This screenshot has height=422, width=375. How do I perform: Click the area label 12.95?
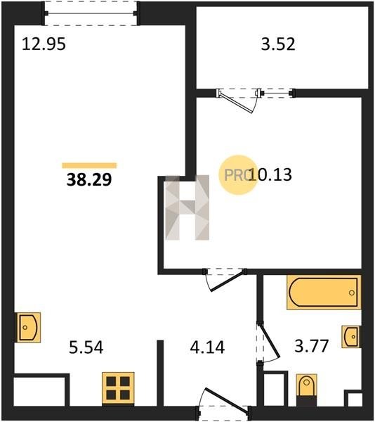44,44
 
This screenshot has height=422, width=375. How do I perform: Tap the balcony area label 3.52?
278,44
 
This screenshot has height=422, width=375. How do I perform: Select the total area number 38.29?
89,179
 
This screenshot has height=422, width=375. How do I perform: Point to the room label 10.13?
270,174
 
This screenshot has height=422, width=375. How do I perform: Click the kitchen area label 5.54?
86,347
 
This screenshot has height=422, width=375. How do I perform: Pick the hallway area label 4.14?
207,347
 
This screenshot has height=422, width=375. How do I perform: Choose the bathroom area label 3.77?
312,346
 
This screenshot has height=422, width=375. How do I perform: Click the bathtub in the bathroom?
324,293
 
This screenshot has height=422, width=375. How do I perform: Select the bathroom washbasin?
351,337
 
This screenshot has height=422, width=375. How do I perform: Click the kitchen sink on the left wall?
27,327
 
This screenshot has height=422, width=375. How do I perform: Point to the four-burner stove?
118,388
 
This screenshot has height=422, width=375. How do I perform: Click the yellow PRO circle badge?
238,175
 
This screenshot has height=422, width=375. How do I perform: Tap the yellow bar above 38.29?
89,165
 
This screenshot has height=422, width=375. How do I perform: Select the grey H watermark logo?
187,207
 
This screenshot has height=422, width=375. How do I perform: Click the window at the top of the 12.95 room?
91,13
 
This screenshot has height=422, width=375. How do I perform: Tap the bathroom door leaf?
270,340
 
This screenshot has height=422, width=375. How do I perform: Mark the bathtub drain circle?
352,293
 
